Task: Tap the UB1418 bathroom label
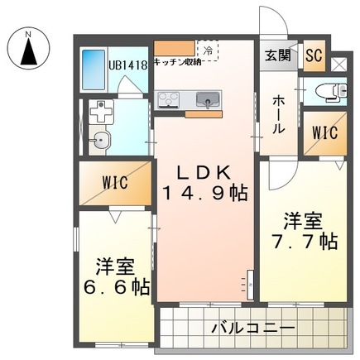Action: coord(127,65)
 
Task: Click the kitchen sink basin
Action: coord(206,100)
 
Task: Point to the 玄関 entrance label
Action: coord(277,55)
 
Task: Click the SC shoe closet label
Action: coord(313,55)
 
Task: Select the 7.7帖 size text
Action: coord(305,242)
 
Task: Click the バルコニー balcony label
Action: coord(252,327)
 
